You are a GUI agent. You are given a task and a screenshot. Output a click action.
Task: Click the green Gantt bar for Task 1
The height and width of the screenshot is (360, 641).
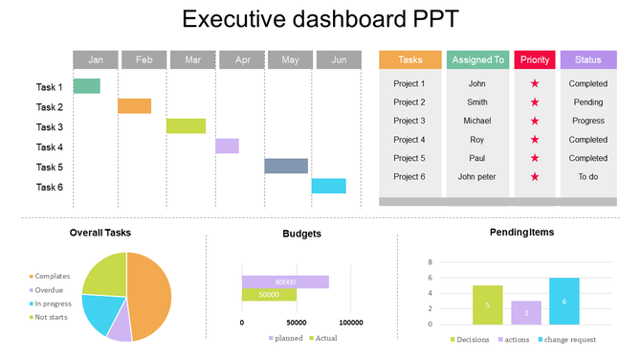pos(87,86)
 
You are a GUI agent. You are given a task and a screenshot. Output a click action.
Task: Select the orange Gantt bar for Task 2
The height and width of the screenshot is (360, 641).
pos(134,106)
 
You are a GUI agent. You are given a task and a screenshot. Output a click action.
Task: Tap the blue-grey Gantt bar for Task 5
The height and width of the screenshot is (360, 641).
pos(286,166)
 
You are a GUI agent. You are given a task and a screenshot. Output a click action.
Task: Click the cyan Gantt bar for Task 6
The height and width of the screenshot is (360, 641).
pos(328,186)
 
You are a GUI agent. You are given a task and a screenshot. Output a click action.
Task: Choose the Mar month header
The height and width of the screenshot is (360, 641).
pos(193,60)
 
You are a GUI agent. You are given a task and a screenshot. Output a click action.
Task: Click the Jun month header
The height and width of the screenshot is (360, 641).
pos(339,60)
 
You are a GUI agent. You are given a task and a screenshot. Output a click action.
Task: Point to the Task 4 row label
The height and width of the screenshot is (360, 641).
pos(50,147)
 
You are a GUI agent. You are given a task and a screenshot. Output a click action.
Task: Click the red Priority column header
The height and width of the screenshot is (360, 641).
pos(535,60)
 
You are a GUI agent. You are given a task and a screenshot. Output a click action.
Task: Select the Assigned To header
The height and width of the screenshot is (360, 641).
pos(477,60)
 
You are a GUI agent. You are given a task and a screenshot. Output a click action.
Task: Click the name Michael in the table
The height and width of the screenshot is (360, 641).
pos(477,121)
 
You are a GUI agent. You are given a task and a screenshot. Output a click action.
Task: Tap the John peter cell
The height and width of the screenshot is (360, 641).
pos(477,177)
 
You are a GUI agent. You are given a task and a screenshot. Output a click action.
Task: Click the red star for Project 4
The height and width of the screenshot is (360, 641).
pos(535,140)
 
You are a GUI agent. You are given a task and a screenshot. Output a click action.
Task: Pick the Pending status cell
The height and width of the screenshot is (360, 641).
pos(588,102)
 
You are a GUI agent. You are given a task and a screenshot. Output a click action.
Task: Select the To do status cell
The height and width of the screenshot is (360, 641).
pos(588,177)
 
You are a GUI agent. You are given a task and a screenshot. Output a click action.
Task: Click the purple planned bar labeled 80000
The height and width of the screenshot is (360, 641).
pos(285,281)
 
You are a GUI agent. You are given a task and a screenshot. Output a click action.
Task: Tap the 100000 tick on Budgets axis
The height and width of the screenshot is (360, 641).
pos(351,323)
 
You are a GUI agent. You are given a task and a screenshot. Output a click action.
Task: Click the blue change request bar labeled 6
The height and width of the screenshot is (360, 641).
pos(564,302)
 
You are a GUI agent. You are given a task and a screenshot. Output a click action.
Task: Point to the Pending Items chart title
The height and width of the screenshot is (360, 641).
pos(521,233)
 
